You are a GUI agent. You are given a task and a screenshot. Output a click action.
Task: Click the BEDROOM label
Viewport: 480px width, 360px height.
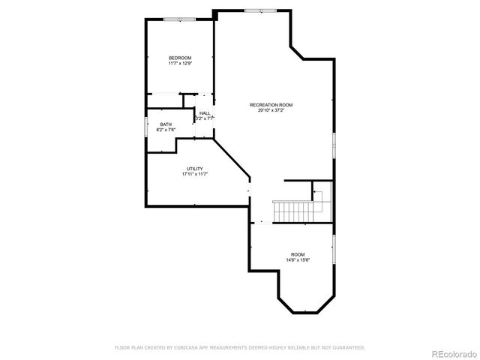(180, 58)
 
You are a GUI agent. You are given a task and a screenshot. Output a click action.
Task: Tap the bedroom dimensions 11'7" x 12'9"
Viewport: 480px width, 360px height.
(180, 64)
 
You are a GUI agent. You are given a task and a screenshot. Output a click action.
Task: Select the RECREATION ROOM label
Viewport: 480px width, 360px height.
(271, 105)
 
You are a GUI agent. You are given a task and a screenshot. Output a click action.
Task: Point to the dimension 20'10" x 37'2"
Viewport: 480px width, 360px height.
(271, 110)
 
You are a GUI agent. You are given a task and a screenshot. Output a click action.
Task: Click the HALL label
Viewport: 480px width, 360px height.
(205, 113)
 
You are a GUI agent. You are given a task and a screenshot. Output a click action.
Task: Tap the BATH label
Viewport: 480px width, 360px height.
(165, 124)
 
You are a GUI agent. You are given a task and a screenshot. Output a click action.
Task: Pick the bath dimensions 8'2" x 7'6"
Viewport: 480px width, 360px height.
(165, 130)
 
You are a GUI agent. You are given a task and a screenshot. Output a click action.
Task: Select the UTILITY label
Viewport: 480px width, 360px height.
(194, 169)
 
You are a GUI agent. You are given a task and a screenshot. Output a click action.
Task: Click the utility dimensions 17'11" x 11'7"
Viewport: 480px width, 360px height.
(194, 174)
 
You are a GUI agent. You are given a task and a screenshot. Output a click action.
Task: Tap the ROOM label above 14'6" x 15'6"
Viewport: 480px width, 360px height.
(298, 255)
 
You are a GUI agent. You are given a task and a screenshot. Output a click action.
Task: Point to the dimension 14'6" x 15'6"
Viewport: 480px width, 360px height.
(298, 260)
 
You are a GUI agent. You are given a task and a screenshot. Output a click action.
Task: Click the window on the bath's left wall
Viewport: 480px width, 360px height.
(146, 126)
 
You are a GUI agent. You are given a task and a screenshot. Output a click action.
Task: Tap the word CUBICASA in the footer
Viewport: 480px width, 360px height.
(191, 348)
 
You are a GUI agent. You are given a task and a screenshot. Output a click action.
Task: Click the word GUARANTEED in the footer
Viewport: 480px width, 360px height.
(346, 348)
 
